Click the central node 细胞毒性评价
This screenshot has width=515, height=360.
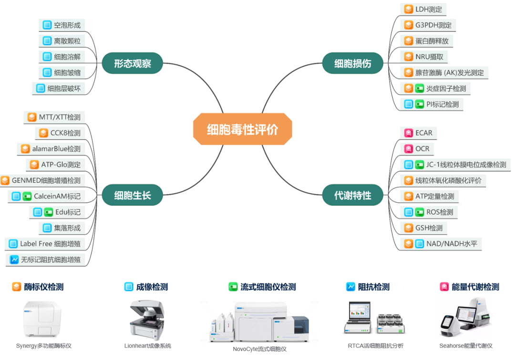pos(242,129)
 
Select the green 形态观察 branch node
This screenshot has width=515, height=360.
pos(132,63)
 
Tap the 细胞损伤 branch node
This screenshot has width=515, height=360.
pos(352,63)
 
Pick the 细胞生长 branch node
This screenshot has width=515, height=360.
pos(132,195)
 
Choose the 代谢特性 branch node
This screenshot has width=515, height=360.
pos(352,195)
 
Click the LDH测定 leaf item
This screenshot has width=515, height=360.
pos(423,9)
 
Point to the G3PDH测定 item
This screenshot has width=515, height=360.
pos(428,25)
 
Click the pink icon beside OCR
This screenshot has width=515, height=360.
pos(408,149)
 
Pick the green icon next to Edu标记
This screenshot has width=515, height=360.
pos(48,212)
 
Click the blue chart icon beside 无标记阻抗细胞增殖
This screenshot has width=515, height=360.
pos(14,260)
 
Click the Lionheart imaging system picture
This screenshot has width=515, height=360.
pos(147,318)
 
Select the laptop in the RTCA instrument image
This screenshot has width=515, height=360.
pos(357,317)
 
